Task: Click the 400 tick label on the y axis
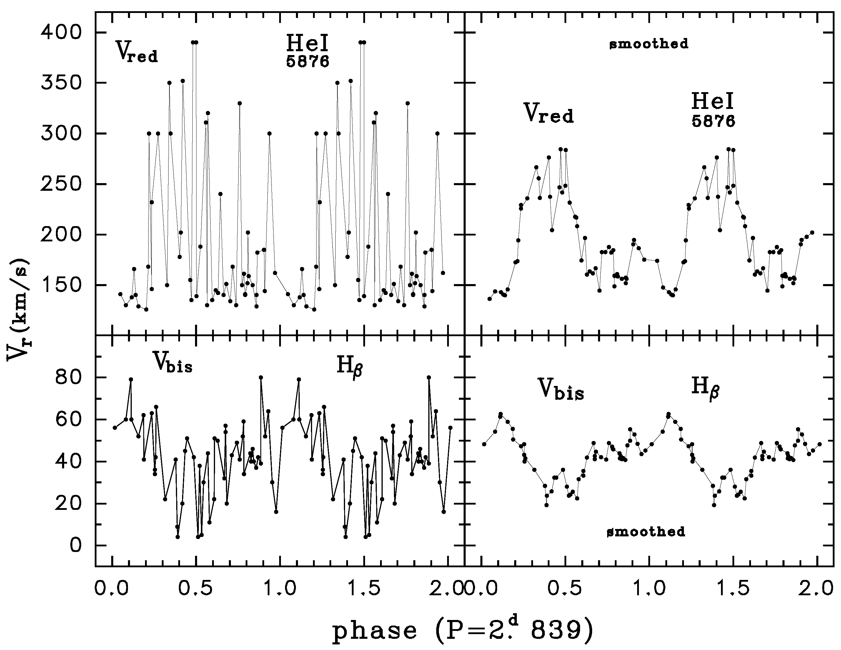tap(66, 32)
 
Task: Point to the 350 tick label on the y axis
tap(66, 83)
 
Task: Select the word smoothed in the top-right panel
tap(648, 44)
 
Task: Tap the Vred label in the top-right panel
tap(548, 113)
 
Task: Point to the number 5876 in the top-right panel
tap(713, 121)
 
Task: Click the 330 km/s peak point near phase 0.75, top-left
tap(239, 103)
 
